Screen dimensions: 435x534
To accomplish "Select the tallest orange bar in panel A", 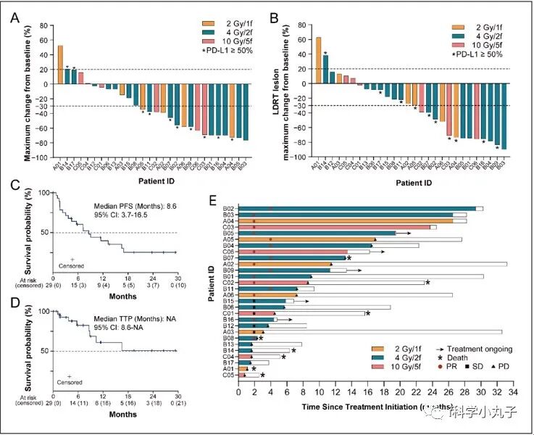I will click(x=60, y=65).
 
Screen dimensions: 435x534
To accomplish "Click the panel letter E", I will click(x=230, y=202).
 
